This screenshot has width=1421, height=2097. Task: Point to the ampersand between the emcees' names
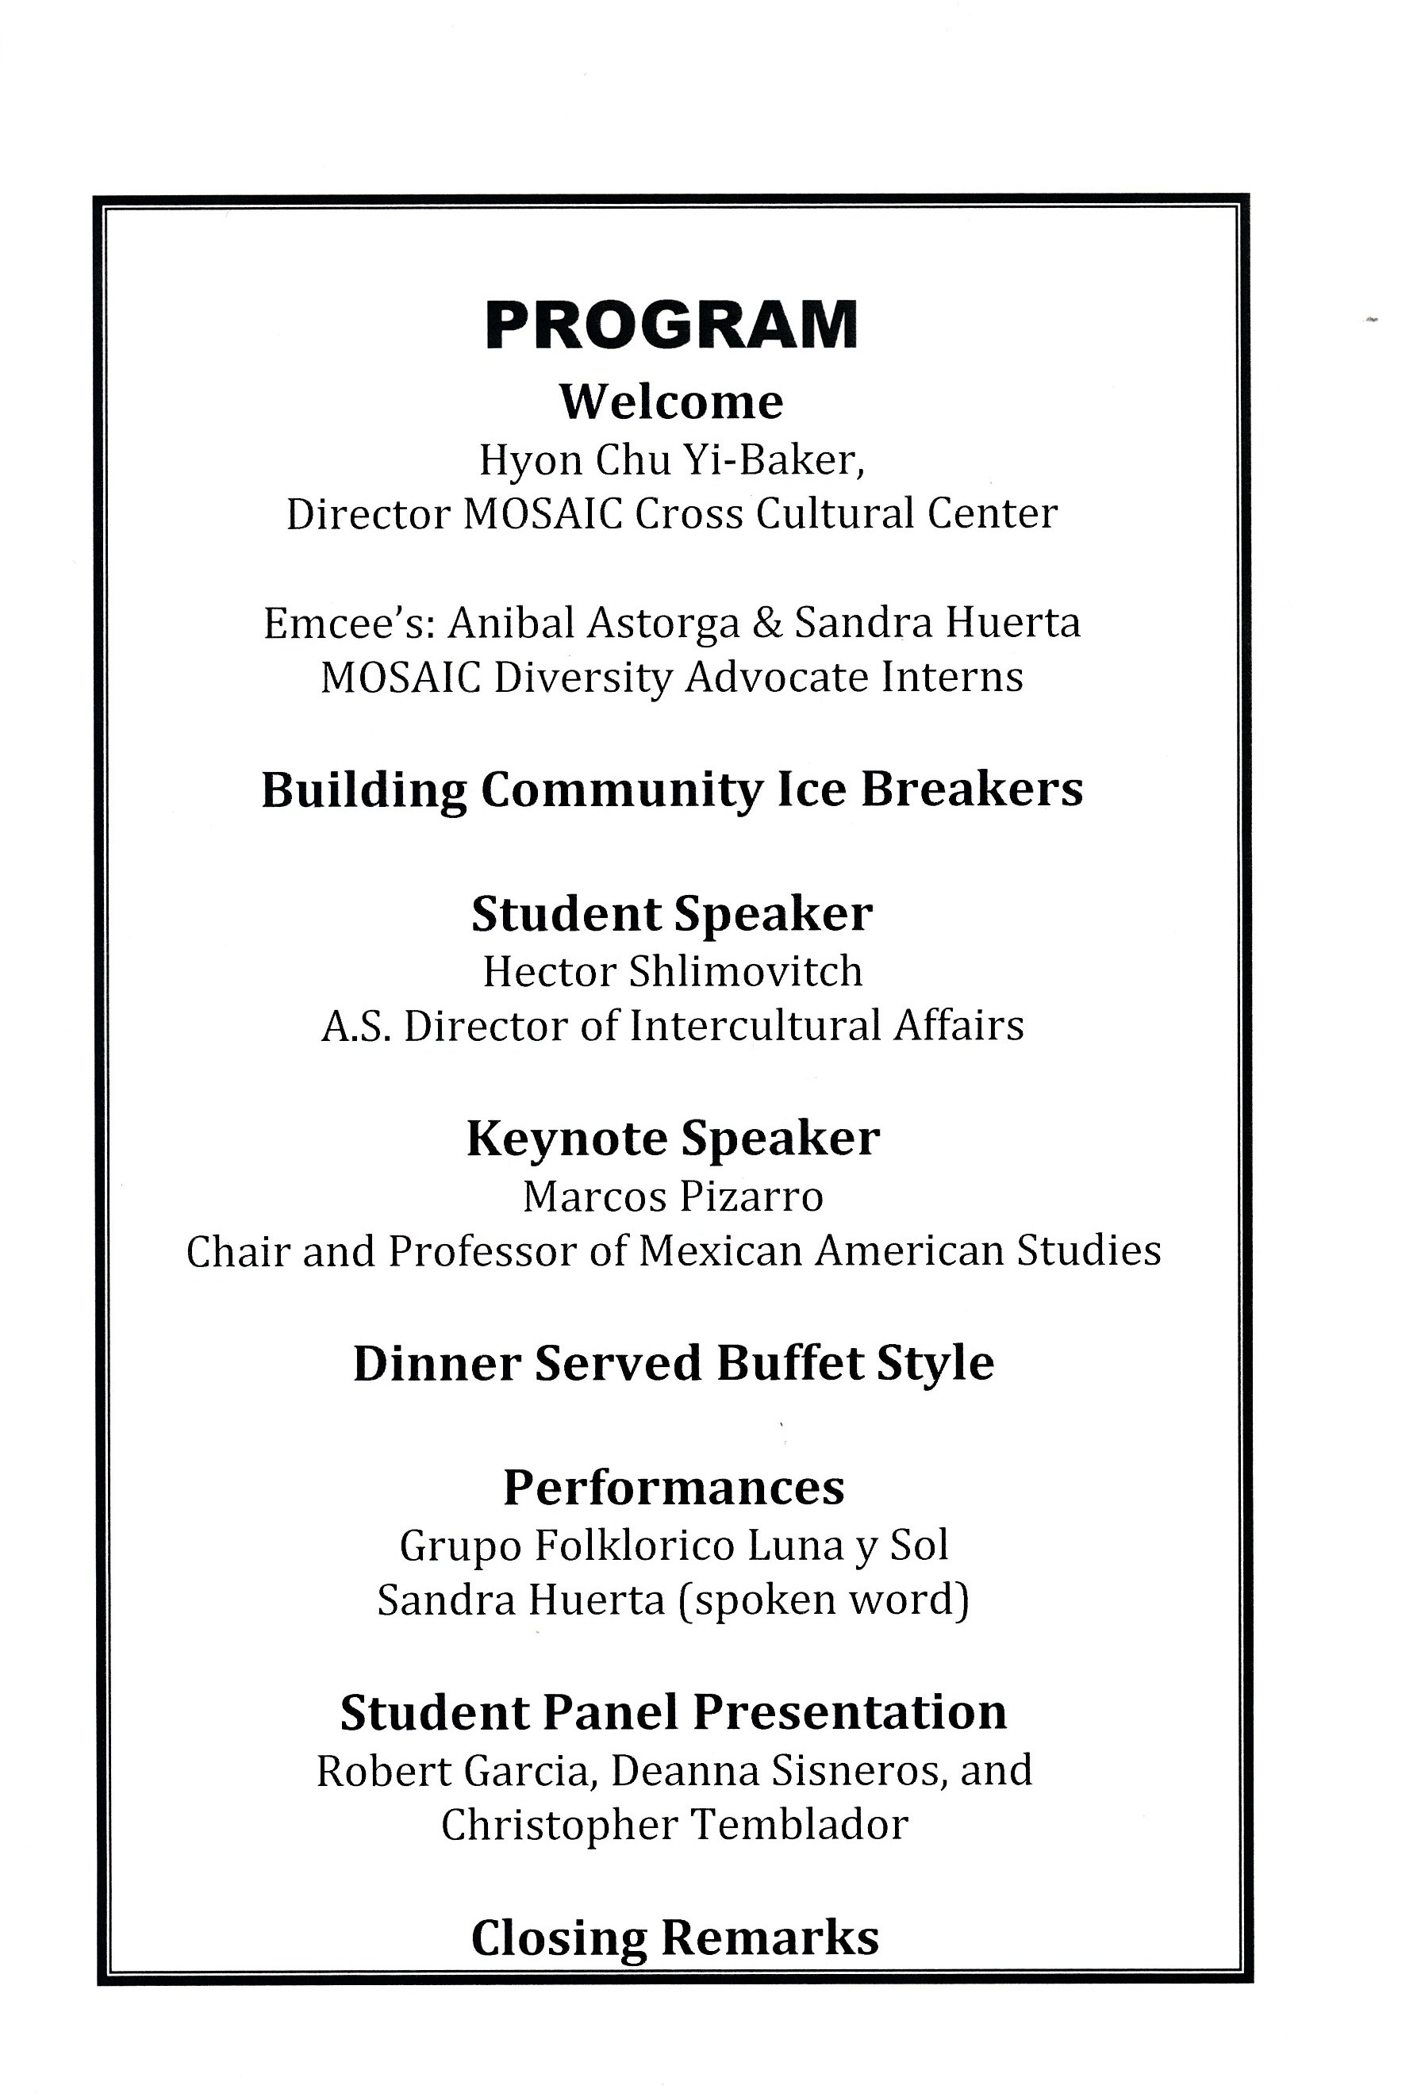pos(767,623)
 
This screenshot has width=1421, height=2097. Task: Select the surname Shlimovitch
pos(745,971)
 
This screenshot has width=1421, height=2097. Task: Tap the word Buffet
pos(788,1362)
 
